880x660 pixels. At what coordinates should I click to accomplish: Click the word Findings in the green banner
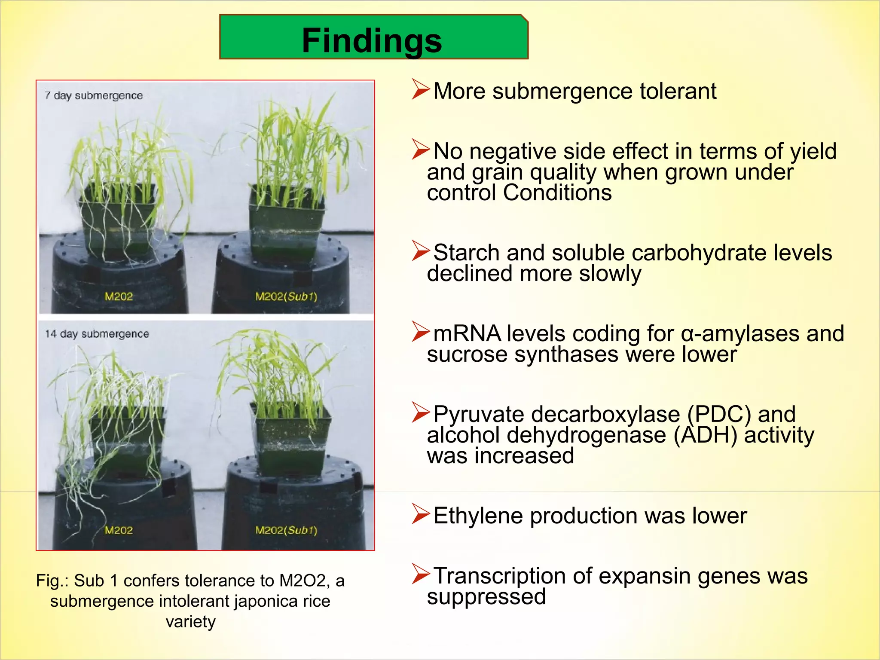click(372, 40)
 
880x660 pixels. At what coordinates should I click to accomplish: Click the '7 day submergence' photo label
click(94, 95)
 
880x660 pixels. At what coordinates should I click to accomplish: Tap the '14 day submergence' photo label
click(97, 334)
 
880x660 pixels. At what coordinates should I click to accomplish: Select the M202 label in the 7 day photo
click(119, 296)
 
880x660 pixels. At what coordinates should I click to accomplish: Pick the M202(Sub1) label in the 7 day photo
click(286, 296)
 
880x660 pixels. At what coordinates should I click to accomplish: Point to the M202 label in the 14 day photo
click(119, 530)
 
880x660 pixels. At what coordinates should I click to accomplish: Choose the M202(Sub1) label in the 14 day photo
click(286, 530)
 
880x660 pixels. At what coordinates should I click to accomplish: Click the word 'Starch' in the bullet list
click(466, 253)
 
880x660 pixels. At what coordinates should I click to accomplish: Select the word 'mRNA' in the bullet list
click(467, 334)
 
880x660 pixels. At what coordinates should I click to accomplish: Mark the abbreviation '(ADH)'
click(705, 435)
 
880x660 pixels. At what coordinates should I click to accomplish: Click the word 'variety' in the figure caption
click(190, 622)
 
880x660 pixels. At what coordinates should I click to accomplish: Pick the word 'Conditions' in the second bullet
click(557, 192)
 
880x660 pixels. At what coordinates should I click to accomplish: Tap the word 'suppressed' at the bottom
click(486, 597)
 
